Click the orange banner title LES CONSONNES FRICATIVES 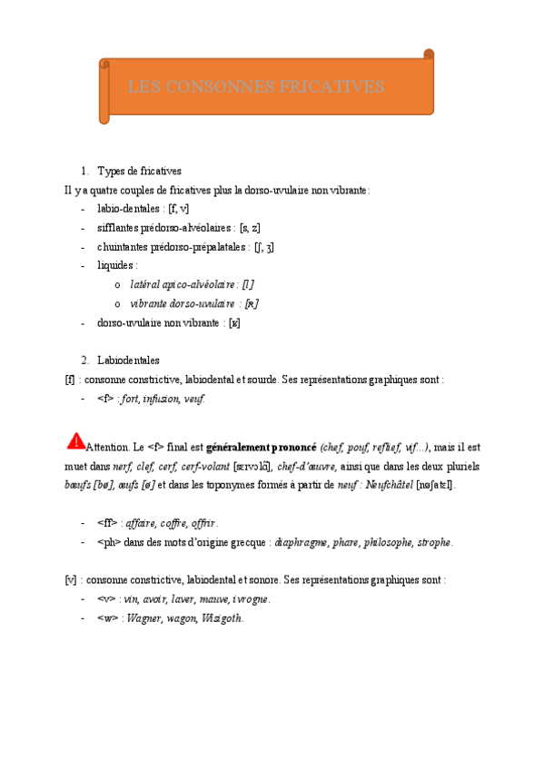[257, 87]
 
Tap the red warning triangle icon [75, 441]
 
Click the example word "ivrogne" [251, 599]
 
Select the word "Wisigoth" [222, 617]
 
